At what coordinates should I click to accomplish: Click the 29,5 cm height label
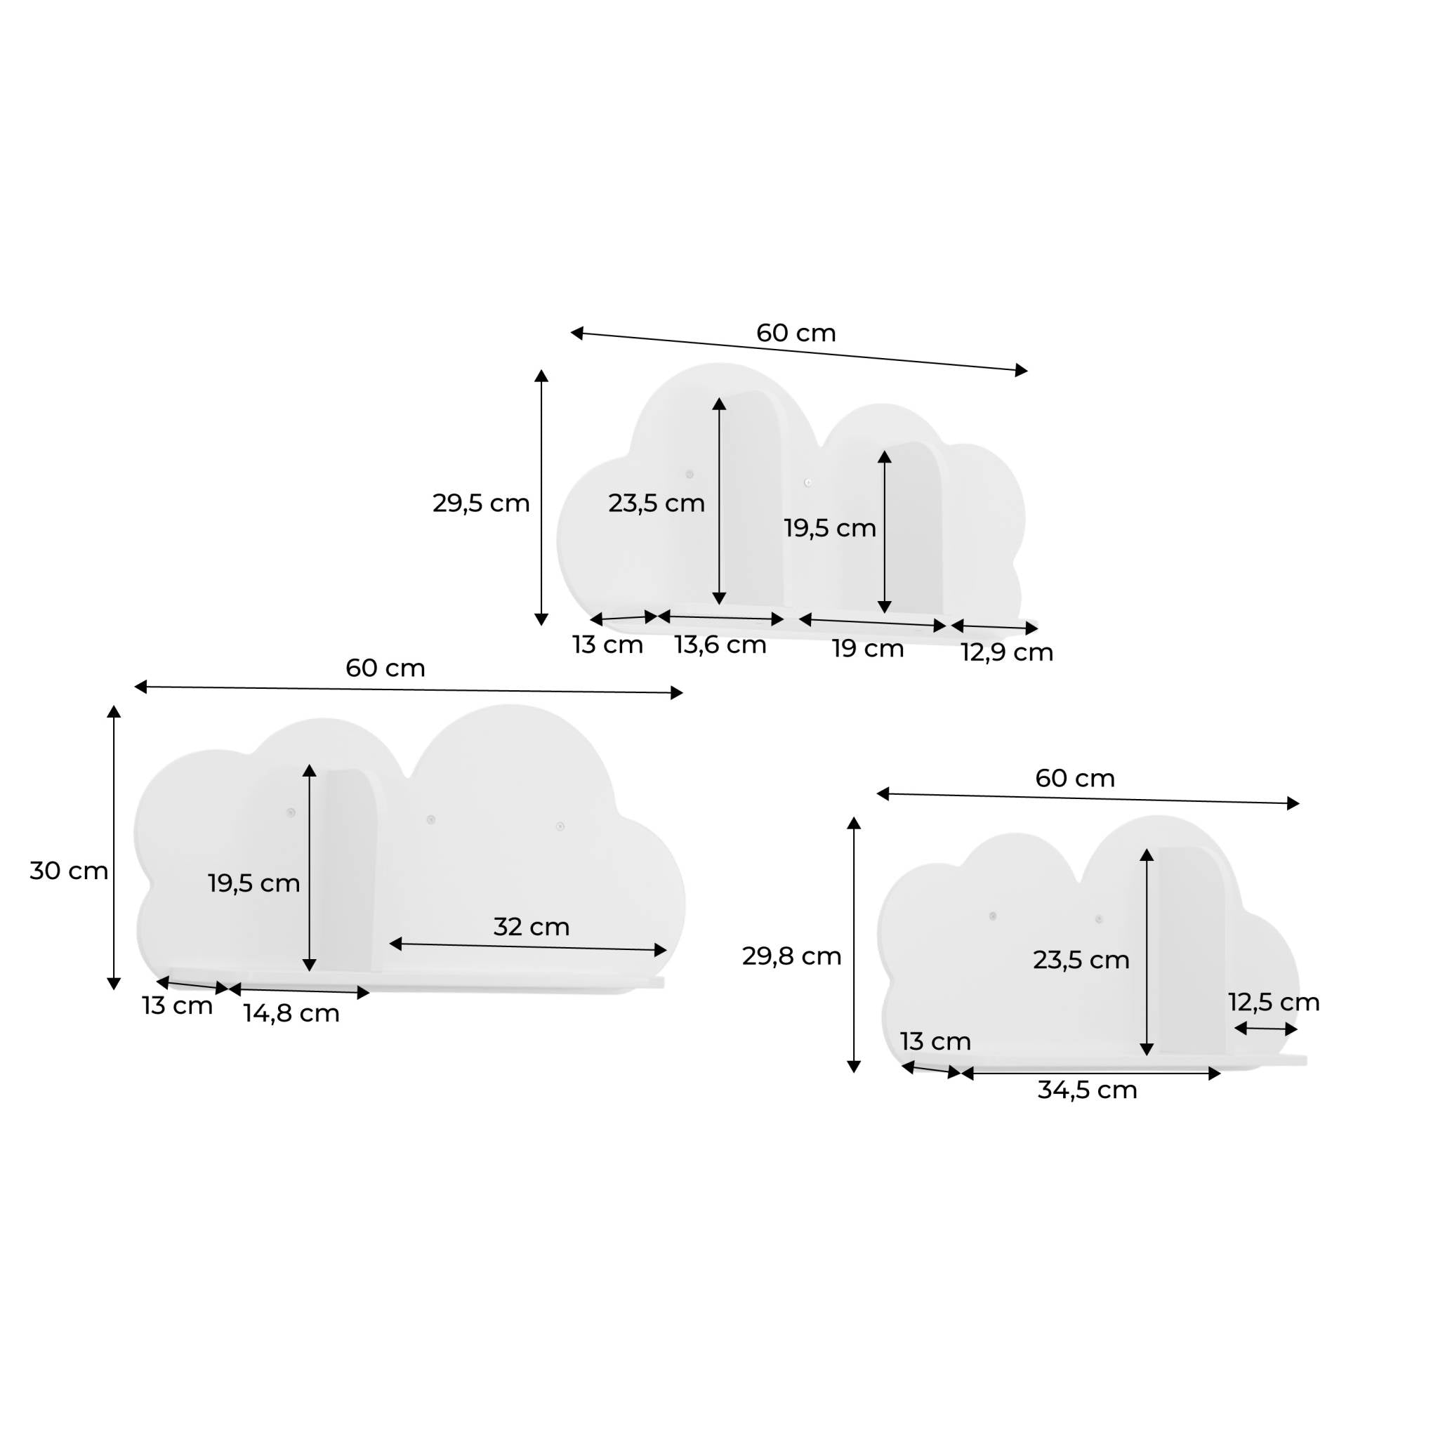(481, 504)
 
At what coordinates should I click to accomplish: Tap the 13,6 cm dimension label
(720, 645)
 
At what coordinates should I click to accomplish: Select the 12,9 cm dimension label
(1007, 653)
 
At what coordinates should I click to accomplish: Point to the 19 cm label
(868, 648)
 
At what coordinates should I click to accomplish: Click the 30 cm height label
(70, 871)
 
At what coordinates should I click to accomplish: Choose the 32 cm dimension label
(532, 927)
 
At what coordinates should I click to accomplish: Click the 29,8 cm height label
(792, 956)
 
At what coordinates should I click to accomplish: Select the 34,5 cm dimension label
(1088, 1090)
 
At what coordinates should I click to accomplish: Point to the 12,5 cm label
(1274, 1003)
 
